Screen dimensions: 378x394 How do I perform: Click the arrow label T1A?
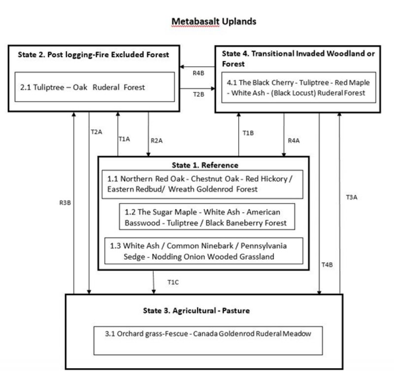pyautogui.click(x=124, y=139)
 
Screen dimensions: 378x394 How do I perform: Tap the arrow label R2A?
pyautogui.click(x=157, y=140)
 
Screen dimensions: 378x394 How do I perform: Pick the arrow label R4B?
pyautogui.click(x=198, y=74)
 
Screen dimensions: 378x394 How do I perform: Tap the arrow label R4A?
pyautogui.click(x=294, y=140)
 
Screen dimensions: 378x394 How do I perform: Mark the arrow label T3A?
pyautogui.click(x=351, y=197)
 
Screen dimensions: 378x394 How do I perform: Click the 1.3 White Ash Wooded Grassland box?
pyautogui.click(x=203, y=251)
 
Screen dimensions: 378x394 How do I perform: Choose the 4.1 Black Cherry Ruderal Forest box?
pyautogui.click(x=298, y=88)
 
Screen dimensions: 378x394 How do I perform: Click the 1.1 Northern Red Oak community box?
pyautogui.click(x=203, y=184)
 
